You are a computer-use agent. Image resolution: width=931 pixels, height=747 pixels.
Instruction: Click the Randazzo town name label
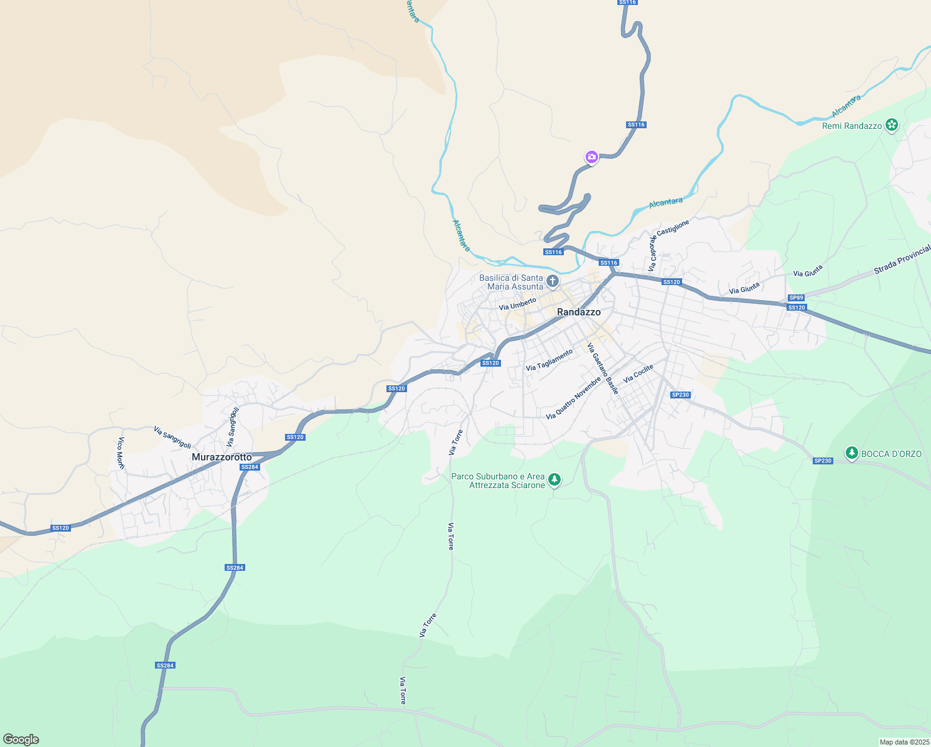pyautogui.click(x=579, y=312)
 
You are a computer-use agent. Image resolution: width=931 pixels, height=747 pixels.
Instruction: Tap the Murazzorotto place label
pyautogui.click(x=222, y=457)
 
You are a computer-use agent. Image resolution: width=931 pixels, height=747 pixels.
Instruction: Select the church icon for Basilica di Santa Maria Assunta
pyautogui.click(x=552, y=282)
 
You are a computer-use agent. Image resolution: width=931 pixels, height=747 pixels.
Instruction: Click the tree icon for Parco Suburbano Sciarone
pyautogui.click(x=554, y=480)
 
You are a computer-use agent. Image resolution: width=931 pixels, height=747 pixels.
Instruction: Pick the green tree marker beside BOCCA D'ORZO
pyautogui.click(x=852, y=453)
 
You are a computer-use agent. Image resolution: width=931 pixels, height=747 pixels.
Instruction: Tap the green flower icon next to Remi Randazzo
pyautogui.click(x=892, y=125)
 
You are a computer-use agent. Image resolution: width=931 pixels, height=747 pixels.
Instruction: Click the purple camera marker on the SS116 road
pyautogui.click(x=592, y=157)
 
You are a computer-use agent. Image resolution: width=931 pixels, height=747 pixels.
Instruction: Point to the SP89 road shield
pyautogui.click(x=796, y=298)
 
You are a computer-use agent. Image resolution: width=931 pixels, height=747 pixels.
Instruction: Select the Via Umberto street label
pyautogui.click(x=517, y=304)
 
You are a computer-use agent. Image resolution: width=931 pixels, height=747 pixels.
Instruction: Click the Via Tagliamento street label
pyautogui.click(x=549, y=360)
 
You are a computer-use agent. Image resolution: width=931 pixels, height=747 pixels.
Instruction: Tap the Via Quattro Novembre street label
pyautogui.click(x=573, y=398)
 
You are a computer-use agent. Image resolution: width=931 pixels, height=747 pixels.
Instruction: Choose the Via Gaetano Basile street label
pyautogui.click(x=603, y=368)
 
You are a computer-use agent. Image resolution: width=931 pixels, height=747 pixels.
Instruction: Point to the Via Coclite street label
pyautogui.click(x=639, y=374)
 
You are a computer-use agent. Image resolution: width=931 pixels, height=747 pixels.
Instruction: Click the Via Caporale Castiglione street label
pyautogui.click(x=668, y=245)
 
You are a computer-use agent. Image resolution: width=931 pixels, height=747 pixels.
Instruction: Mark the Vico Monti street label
pyautogui.click(x=121, y=453)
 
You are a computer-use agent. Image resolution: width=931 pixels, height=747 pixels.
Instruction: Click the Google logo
pyautogui.click(x=21, y=740)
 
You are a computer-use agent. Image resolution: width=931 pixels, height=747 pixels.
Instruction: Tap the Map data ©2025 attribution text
pyautogui.click(x=904, y=742)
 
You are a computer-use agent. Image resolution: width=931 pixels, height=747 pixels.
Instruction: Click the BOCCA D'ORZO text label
pyautogui.click(x=891, y=454)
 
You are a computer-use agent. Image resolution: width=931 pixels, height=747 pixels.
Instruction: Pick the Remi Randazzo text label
pyautogui.click(x=852, y=126)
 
